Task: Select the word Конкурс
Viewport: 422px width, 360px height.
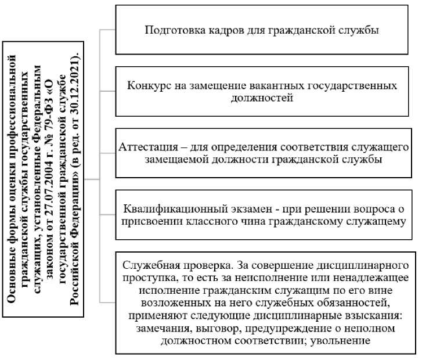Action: tap(149, 85)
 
